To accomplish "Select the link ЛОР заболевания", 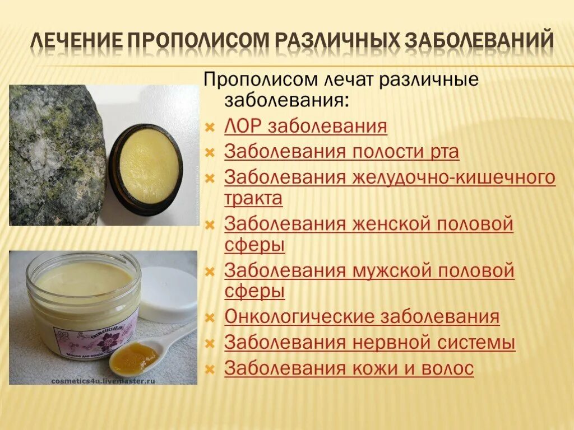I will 305,126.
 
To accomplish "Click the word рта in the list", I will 442,152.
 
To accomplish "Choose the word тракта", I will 253,198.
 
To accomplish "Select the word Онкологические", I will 299,317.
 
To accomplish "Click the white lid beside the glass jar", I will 168,294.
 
